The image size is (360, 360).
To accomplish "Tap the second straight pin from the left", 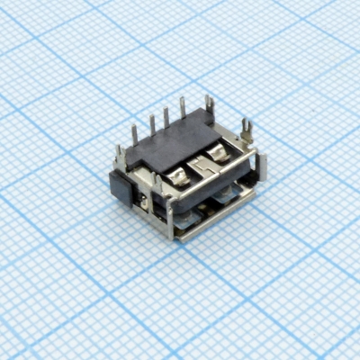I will (x=151, y=124).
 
